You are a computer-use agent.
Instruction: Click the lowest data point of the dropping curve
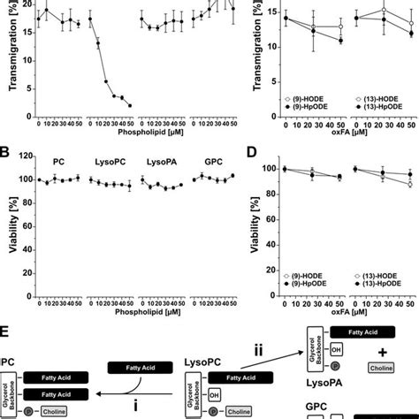(129, 105)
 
